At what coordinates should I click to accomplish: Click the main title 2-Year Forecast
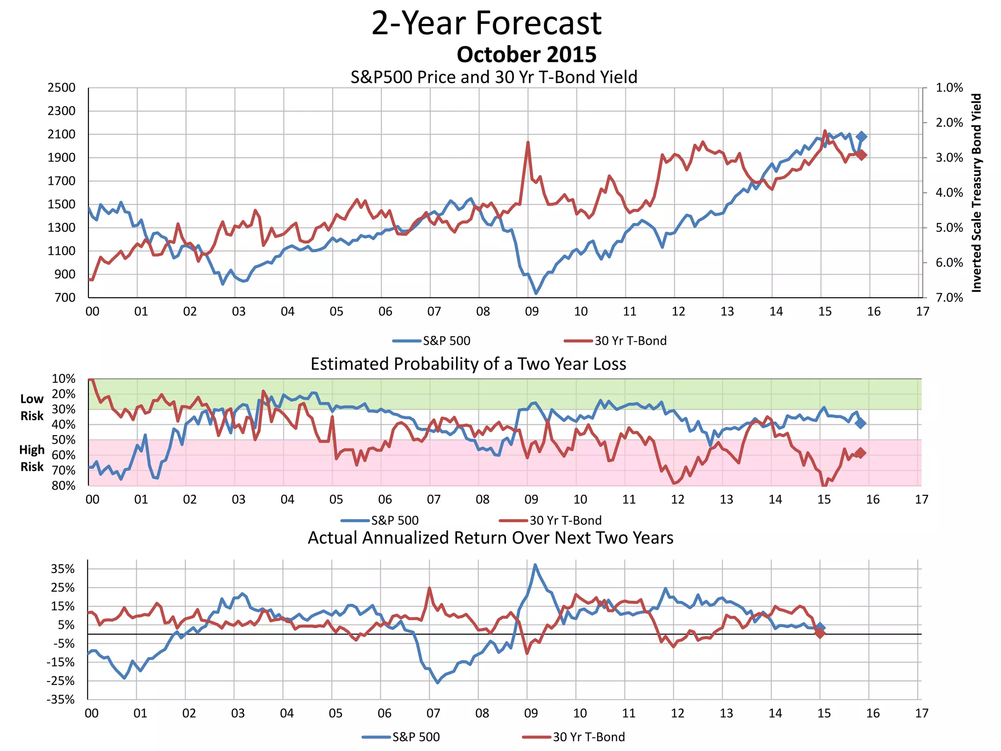pos(486,23)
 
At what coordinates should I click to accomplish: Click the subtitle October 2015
pos(526,55)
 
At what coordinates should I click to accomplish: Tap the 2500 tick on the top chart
pos(62,88)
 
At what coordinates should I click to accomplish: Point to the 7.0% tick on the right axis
pos(949,298)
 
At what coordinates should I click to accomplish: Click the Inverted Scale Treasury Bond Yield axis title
pos(977,193)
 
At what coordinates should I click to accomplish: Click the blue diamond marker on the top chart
pos(862,137)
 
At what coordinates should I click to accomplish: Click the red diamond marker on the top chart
pos(862,155)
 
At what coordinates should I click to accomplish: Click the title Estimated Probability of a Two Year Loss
pos(468,364)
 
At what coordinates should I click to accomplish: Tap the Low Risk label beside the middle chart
pos(32,407)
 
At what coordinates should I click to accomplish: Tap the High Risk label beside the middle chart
pos(32,458)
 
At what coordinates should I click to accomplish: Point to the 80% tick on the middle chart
pos(64,486)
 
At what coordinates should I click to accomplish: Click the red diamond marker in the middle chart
pos(861,453)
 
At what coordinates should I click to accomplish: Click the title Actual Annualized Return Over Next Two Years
pos(490,538)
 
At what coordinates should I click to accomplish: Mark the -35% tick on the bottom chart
pos(61,700)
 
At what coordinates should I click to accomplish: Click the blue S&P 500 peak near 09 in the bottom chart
pos(535,565)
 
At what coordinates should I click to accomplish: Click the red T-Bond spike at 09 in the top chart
pos(528,142)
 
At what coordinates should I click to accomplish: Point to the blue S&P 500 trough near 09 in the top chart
pos(536,293)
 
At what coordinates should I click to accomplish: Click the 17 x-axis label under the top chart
pos(922,312)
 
